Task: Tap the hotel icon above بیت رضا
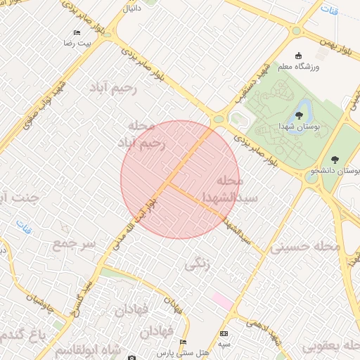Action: (77, 33)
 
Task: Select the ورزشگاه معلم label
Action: (299, 66)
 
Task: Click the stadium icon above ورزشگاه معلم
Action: (298, 56)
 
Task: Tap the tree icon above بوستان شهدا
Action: (300, 115)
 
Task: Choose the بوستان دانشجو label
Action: (337, 171)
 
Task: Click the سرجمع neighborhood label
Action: (72, 243)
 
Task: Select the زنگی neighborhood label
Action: (197, 265)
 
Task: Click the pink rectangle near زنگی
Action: (222, 300)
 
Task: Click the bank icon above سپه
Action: (224, 333)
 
